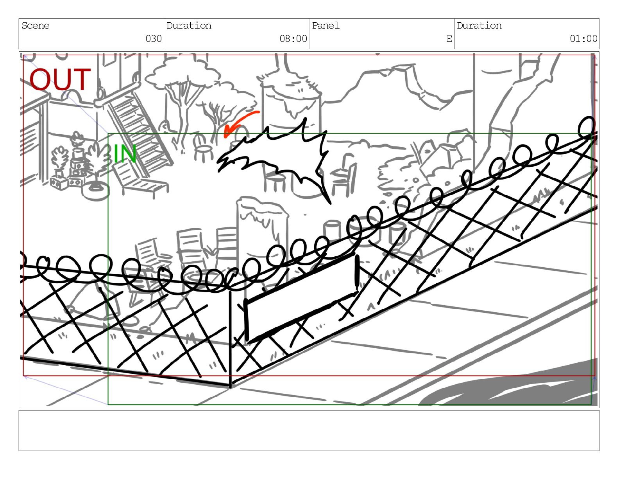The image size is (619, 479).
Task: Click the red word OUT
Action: [60, 79]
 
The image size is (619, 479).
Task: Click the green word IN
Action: [125, 153]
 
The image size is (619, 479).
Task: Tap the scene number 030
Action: [154, 38]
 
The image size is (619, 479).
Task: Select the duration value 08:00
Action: [293, 38]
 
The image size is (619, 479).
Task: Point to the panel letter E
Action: [449, 39]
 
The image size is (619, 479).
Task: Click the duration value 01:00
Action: [583, 38]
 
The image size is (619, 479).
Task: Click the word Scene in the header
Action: [36, 26]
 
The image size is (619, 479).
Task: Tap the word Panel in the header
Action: [326, 26]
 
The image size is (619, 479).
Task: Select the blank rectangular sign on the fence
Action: [301, 297]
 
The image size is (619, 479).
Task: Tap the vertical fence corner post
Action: [230, 337]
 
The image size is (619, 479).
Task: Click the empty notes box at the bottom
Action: [309, 430]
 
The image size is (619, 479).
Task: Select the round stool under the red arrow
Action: [203, 148]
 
